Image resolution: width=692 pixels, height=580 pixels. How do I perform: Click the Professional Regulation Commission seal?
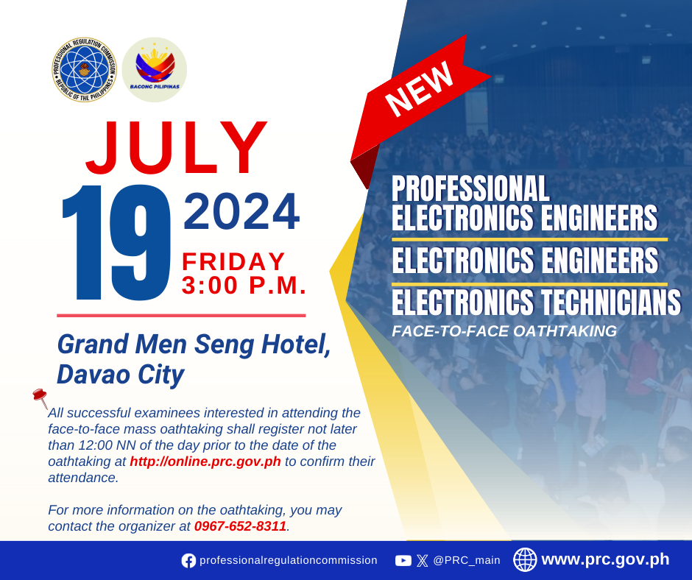pos(84,70)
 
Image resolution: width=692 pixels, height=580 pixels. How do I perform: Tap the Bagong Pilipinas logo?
pos(155,70)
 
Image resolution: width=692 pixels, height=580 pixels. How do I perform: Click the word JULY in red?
pos(176,147)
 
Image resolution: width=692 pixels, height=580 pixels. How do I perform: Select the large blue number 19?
pos(116,242)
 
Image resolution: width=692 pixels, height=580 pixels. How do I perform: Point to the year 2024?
pos(241,211)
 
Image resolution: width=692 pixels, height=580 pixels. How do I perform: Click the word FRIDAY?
pos(233,261)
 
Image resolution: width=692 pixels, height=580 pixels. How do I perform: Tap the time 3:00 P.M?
pos(244,285)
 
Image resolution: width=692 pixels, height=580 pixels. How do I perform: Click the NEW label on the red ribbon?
pos(420,89)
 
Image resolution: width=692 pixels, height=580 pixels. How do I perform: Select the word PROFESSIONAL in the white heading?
pos(470,188)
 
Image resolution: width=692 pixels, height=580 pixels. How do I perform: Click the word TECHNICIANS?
pos(611,303)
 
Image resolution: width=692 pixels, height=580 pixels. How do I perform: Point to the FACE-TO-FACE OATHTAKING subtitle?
pos(504,331)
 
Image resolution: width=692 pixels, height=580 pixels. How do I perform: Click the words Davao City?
pos(121,375)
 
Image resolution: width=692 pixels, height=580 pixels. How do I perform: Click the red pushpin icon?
pos(40,397)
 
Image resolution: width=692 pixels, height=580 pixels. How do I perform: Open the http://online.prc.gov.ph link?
pos(205,461)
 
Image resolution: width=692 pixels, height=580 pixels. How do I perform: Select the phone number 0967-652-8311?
pos(240,526)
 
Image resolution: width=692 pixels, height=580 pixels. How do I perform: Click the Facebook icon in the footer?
pos(188,561)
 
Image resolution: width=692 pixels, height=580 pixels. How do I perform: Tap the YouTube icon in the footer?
pos(403,561)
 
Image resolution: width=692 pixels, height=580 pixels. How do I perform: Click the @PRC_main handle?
pos(467,561)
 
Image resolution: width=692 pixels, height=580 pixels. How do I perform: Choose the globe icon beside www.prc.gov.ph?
pos(525,559)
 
